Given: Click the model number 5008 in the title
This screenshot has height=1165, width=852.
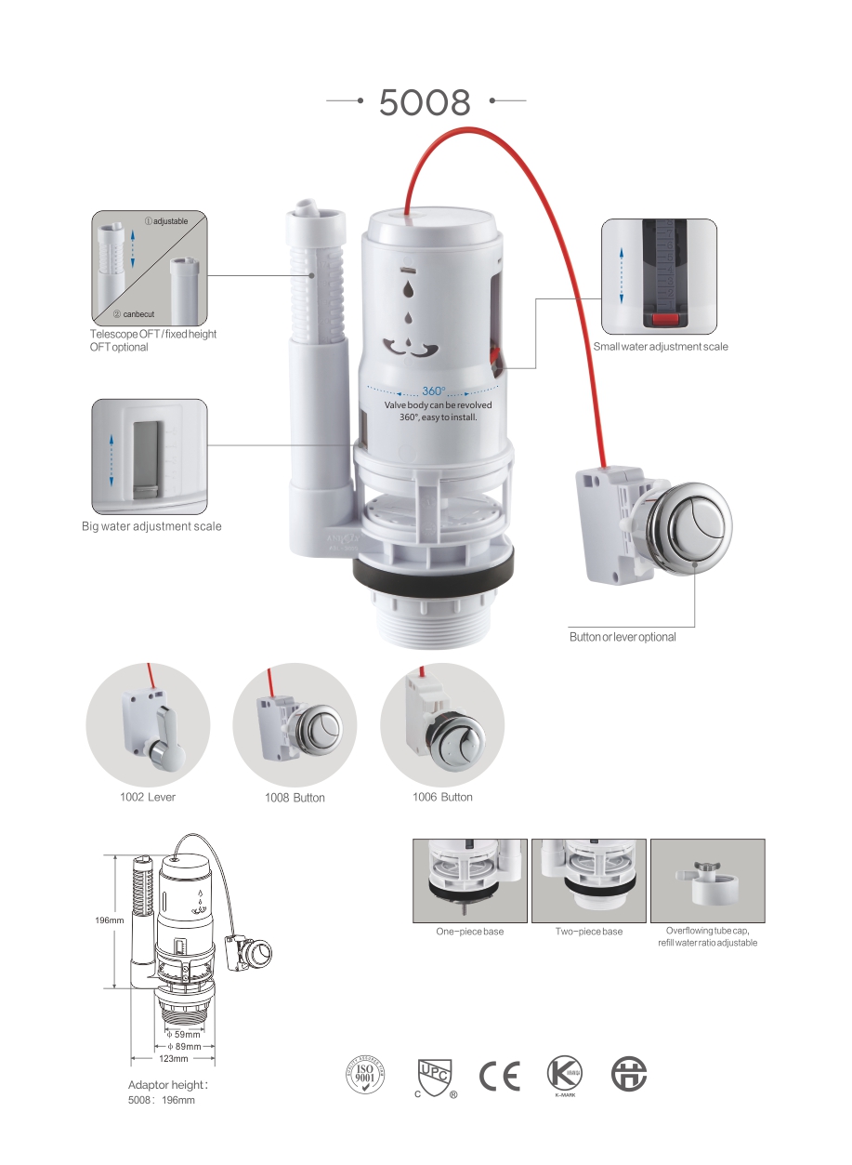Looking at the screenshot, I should [426, 102].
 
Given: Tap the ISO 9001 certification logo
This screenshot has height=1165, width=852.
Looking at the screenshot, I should [364, 1076].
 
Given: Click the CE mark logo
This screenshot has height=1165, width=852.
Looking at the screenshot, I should [500, 1075].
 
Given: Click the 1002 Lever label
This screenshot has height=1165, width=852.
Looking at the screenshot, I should [148, 797].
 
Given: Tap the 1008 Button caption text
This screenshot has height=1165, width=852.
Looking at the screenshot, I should [295, 798].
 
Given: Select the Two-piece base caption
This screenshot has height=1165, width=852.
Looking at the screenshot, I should [589, 932].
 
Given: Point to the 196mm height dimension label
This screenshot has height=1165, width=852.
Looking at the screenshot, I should [110, 920].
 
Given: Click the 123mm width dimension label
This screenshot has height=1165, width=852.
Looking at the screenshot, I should [174, 1058].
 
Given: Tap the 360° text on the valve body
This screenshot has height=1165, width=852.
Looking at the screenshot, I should [434, 391].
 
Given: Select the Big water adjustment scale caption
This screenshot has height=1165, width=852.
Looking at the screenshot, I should [151, 527].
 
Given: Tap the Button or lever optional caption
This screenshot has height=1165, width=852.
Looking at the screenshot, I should [623, 637].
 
